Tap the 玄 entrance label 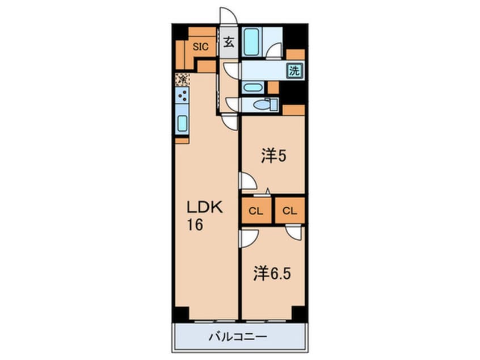[228, 43]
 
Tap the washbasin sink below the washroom [251, 88]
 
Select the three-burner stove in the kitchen [182, 97]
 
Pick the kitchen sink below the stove [182, 123]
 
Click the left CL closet [256, 211]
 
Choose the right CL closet [289, 211]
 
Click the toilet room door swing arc [231, 103]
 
